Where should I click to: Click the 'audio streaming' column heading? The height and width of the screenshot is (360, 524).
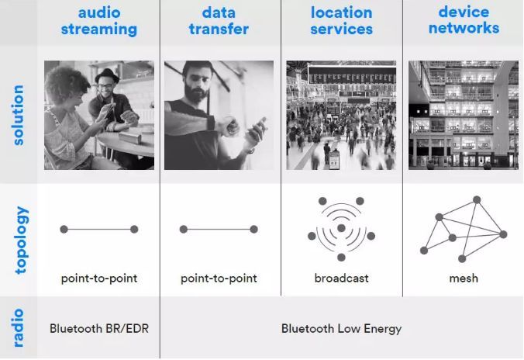(x=99, y=21)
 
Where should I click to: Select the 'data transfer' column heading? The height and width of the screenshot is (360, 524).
(x=219, y=21)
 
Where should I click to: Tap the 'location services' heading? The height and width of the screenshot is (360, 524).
(x=342, y=21)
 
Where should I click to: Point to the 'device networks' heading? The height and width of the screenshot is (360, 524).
(x=464, y=20)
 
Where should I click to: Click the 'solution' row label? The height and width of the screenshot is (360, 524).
(x=19, y=115)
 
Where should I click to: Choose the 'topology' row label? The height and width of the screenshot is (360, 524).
(x=21, y=241)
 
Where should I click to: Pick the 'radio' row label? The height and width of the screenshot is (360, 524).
(x=19, y=328)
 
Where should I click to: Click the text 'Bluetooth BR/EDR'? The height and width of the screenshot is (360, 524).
(x=99, y=328)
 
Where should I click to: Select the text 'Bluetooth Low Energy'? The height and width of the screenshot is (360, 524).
(x=342, y=328)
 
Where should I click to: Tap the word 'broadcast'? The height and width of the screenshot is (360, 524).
(x=342, y=278)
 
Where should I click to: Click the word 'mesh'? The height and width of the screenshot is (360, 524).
(x=464, y=279)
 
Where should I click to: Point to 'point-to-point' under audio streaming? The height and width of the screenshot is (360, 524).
(x=99, y=279)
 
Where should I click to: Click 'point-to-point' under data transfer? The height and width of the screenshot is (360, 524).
(x=219, y=279)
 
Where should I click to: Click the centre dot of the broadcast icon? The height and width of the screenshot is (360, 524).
(x=341, y=228)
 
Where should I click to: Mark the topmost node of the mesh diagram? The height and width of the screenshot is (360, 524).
(x=477, y=200)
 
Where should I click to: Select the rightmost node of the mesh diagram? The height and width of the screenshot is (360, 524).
(x=503, y=234)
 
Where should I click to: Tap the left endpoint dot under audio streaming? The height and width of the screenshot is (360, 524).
(x=64, y=229)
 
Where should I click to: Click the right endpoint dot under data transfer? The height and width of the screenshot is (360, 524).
(x=253, y=229)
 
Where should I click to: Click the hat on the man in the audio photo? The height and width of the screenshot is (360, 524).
(x=107, y=75)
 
